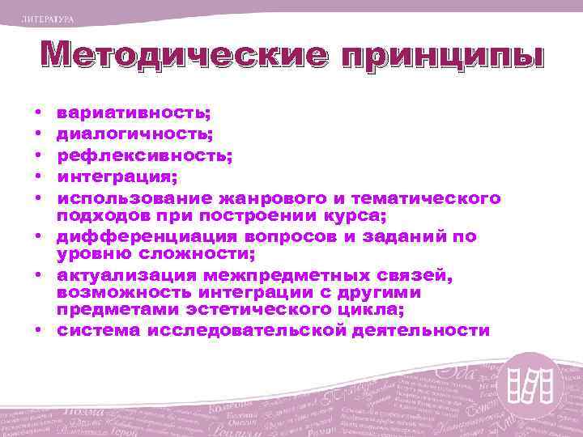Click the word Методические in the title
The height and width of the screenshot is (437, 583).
(174, 57)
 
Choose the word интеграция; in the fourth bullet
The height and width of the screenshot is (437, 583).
(118, 177)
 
